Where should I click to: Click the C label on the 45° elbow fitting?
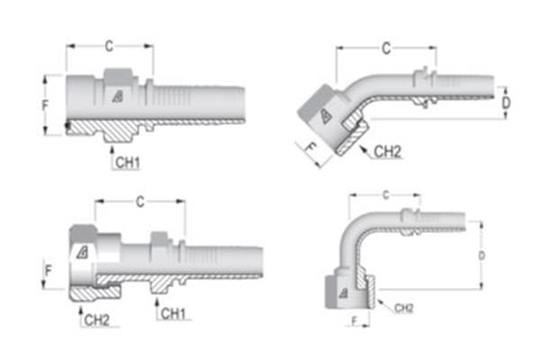point(386,48)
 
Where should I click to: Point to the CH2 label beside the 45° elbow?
point(387,151)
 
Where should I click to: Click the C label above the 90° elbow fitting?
point(385,194)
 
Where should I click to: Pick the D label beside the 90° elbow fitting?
point(481,256)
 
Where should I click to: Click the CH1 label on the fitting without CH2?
point(128,161)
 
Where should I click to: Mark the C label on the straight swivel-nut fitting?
point(139,202)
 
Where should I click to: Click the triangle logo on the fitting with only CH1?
point(118,95)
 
